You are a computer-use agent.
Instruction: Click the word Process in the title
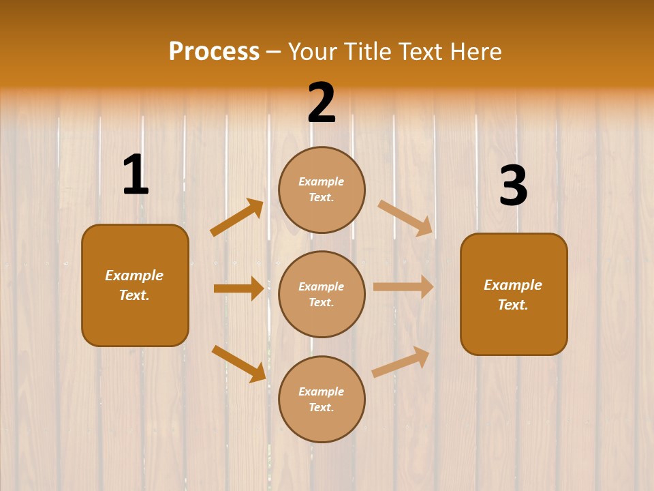click(214, 51)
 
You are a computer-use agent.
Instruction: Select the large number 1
click(136, 175)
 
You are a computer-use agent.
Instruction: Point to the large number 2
click(322, 103)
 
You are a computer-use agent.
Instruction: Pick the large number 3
click(513, 185)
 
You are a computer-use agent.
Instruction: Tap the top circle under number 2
click(322, 190)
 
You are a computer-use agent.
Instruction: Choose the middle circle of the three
click(322, 294)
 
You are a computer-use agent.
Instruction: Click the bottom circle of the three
click(322, 399)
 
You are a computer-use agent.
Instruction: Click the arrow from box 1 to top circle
click(236, 218)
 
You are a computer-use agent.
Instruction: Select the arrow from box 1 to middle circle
click(238, 288)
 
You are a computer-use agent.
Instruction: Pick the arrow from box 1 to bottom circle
click(238, 363)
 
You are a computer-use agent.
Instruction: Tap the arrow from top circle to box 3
click(405, 218)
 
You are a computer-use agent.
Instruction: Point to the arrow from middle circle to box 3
click(403, 286)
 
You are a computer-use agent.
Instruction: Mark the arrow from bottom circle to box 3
click(401, 361)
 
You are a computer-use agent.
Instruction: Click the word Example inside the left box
click(134, 276)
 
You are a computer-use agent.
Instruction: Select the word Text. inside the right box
click(513, 305)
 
